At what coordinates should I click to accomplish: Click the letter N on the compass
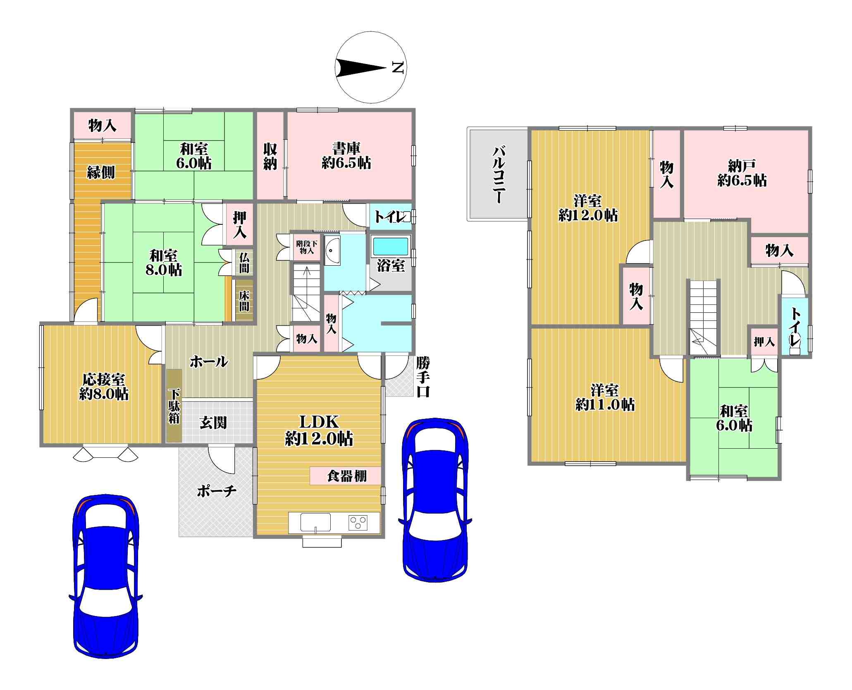[x=397, y=67]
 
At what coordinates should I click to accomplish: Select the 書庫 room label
[x=346, y=148]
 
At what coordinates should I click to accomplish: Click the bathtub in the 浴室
[x=390, y=246]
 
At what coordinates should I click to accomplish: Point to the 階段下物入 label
[x=307, y=247]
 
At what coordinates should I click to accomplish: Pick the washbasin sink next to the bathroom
[x=332, y=251]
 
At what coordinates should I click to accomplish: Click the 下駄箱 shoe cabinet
[x=174, y=405]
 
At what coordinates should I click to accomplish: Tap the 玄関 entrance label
[x=213, y=422]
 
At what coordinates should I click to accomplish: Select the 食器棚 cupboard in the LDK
[x=345, y=476]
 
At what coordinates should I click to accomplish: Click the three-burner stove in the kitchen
[x=358, y=523]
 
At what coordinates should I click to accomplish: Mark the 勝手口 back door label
[x=423, y=377]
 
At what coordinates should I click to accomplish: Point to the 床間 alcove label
[x=244, y=301]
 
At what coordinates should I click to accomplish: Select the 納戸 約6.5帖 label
[x=742, y=174]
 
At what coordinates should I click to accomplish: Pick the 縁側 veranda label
[x=101, y=172]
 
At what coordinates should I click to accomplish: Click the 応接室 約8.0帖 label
[x=104, y=386]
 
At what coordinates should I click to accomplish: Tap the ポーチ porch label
[x=217, y=491]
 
